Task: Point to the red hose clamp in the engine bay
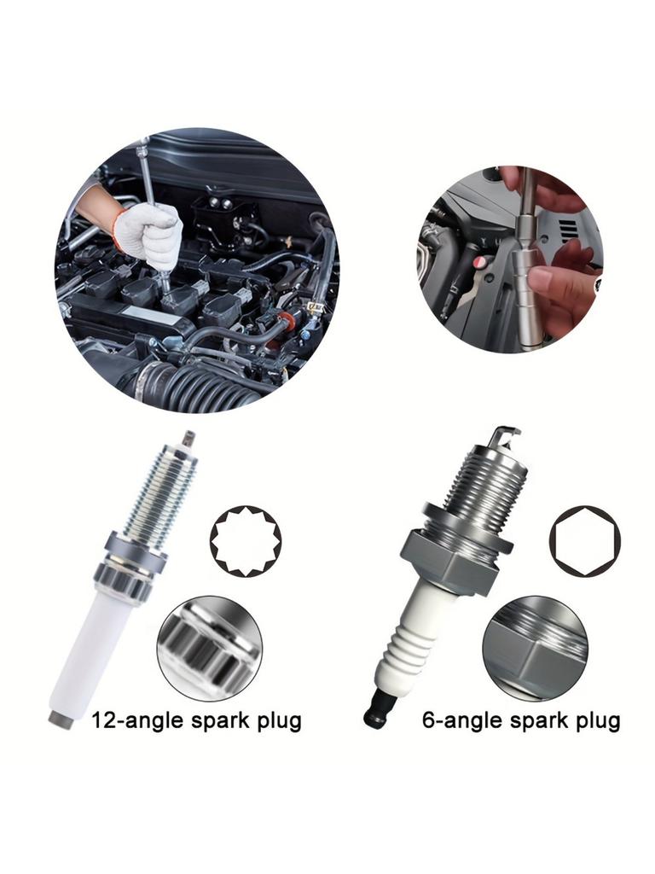tap(287, 323)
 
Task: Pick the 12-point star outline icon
tap(246, 539)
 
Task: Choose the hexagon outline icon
tap(584, 540)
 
